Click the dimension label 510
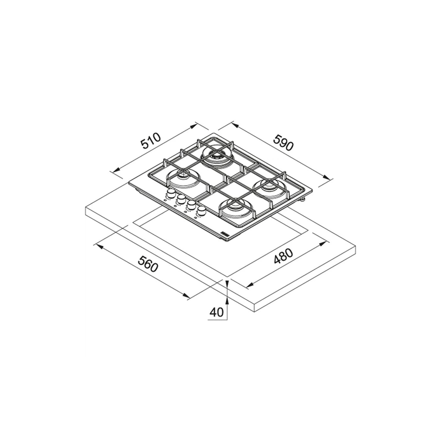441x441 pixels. coord(151,141)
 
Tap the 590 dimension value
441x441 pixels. coord(283,142)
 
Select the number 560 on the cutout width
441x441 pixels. coord(148,263)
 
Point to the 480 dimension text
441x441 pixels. coord(283,257)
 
